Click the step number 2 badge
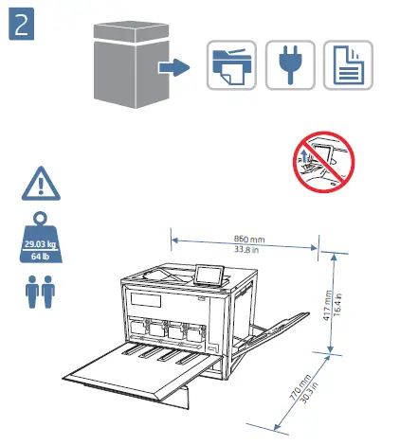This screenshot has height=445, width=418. click(x=21, y=24)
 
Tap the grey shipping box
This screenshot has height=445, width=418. click(x=132, y=64)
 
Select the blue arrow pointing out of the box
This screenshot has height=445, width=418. click(x=174, y=67)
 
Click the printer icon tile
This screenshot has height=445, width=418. click(x=231, y=65)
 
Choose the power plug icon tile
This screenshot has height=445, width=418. click(x=290, y=65)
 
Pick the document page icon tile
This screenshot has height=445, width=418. click(x=348, y=65)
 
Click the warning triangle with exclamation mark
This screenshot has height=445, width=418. click(x=41, y=184)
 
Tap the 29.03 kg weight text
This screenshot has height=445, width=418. click(x=40, y=244)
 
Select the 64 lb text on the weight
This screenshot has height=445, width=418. click(x=40, y=257)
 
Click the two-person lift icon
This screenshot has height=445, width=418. click(x=40, y=292)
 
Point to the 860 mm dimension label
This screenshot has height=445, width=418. click(x=249, y=239)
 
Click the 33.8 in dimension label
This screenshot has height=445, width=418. click(x=246, y=249)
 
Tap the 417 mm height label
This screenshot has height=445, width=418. click(x=328, y=305)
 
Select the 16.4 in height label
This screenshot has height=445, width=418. click(x=337, y=305)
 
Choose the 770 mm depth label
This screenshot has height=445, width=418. click(x=300, y=387)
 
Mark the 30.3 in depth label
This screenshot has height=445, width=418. click(x=309, y=393)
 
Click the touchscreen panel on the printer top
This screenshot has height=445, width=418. click(x=209, y=276)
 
